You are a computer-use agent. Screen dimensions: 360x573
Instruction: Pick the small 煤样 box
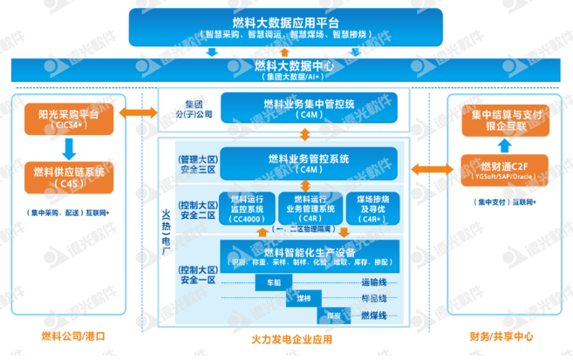(x=303, y=299)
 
